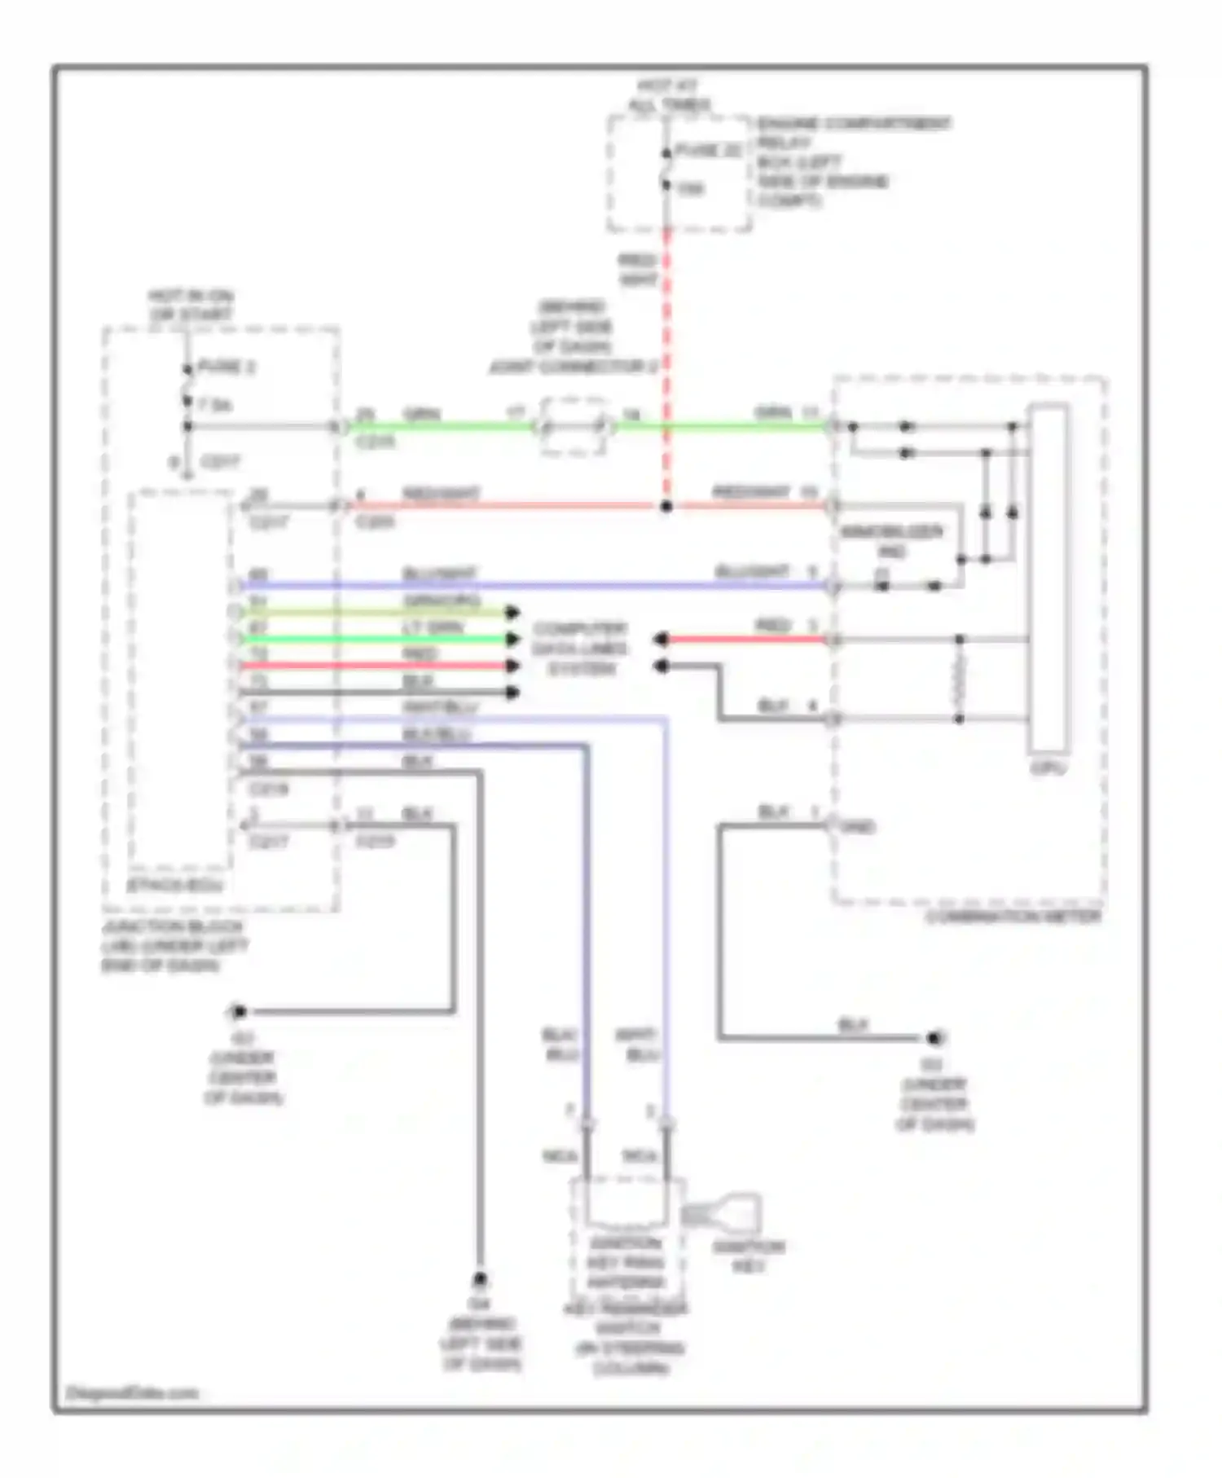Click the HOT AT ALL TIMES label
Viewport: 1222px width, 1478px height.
pyautogui.click(x=668, y=95)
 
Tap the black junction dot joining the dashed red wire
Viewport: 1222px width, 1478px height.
pyautogui.click(x=666, y=507)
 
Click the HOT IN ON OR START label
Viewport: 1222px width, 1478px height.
pyautogui.click(x=190, y=306)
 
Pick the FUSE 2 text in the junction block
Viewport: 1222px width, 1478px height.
pyautogui.click(x=226, y=367)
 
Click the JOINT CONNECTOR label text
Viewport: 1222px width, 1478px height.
pyautogui.click(x=573, y=367)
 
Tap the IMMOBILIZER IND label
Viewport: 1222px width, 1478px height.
pyautogui.click(x=891, y=542)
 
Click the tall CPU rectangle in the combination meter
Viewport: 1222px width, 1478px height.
pyautogui.click(x=1047, y=578)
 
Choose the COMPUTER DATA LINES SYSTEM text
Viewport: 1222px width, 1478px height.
pyautogui.click(x=580, y=649)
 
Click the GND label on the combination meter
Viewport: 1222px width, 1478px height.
pyautogui.click(x=858, y=827)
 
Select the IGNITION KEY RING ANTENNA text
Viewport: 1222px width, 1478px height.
pyautogui.click(x=626, y=1264)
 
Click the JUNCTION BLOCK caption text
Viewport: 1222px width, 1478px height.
pyautogui.click(x=173, y=945)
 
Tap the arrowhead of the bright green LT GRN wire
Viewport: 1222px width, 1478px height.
pyautogui.click(x=512, y=639)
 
